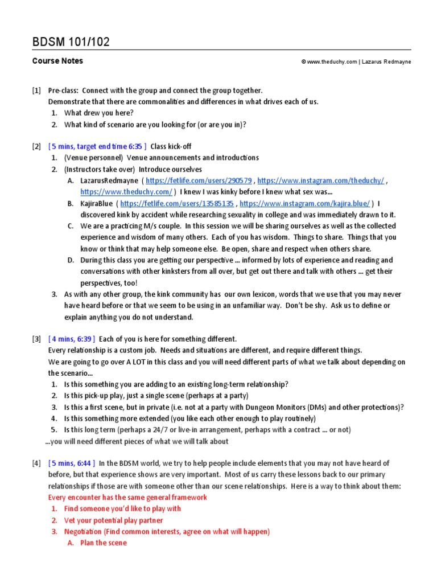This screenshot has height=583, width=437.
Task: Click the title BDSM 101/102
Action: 71,42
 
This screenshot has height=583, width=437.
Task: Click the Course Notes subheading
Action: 57,61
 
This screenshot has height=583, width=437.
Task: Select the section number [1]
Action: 37,91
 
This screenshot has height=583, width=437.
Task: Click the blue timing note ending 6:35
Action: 98,146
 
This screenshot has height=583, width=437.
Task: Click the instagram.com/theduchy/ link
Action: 321,180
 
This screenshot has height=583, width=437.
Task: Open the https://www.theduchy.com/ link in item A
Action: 126,192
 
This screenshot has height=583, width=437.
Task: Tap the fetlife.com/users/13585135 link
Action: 177,203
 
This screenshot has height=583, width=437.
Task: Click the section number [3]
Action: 37,339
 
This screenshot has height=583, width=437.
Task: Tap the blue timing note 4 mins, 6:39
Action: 72,339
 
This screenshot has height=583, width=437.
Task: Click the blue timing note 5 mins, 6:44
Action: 72,463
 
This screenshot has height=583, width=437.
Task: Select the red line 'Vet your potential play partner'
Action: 114,520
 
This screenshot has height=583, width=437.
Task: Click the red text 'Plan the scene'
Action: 104,543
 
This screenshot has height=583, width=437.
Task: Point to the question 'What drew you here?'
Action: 99,113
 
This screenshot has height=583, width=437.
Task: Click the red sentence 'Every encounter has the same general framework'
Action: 127,498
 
